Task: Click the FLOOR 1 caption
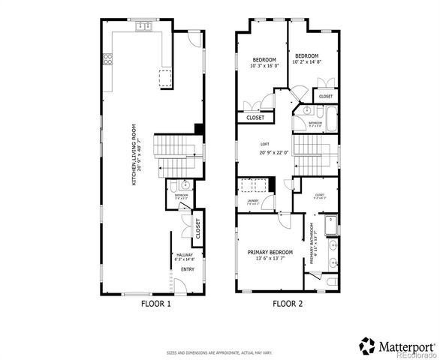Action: pyautogui.click(x=156, y=304)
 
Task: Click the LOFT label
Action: pyautogui.click(x=265, y=144)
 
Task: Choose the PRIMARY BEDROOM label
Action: pyautogui.click(x=270, y=252)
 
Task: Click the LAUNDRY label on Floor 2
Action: pyautogui.click(x=252, y=200)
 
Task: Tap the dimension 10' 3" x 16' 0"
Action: pyautogui.click(x=264, y=66)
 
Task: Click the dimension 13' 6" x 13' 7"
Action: pyautogui.click(x=270, y=259)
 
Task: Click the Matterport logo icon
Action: pyautogui.click(x=367, y=345)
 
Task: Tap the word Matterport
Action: pyautogui.click(x=405, y=346)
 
